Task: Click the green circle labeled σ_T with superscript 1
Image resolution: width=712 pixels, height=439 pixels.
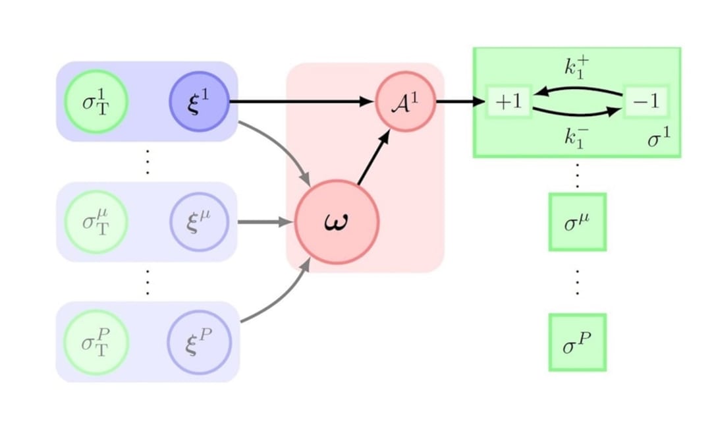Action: pyautogui.click(x=96, y=102)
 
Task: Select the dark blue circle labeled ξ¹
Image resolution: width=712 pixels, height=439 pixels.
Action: pyautogui.click(x=199, y=102)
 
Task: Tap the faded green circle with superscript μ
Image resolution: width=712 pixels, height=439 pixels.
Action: pyautogui.click(x=96, y=221)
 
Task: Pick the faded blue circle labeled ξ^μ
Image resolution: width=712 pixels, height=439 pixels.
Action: pyautogui.click(x=199, y=221)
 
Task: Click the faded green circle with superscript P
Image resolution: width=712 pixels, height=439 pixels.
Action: pyautogui.click(x=96, y=342)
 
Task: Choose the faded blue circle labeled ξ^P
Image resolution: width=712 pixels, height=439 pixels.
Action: pyautogui.click(x=199, y=342)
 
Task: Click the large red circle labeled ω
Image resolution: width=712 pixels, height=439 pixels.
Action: pyautogui.click(x=337, y=221)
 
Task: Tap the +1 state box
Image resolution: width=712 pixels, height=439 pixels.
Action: pyautogui.click(x=508, y=102)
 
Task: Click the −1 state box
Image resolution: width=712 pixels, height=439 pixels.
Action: pyautogui.click(x=645, y=102)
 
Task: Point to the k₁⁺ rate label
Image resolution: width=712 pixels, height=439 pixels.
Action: pyautogui.click(x=577, y=67)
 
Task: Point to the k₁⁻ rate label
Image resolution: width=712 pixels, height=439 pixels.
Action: pyautogui.click(x=577, y=137)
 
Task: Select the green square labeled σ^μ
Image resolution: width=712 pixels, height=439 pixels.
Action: pyautogui.click(x=577, y=222)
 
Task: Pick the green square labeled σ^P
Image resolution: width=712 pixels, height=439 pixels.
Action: pyautogui.click(x=577, y=342)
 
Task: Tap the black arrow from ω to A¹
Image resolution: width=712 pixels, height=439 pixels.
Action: pyautogui.click(x=373, y=158)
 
